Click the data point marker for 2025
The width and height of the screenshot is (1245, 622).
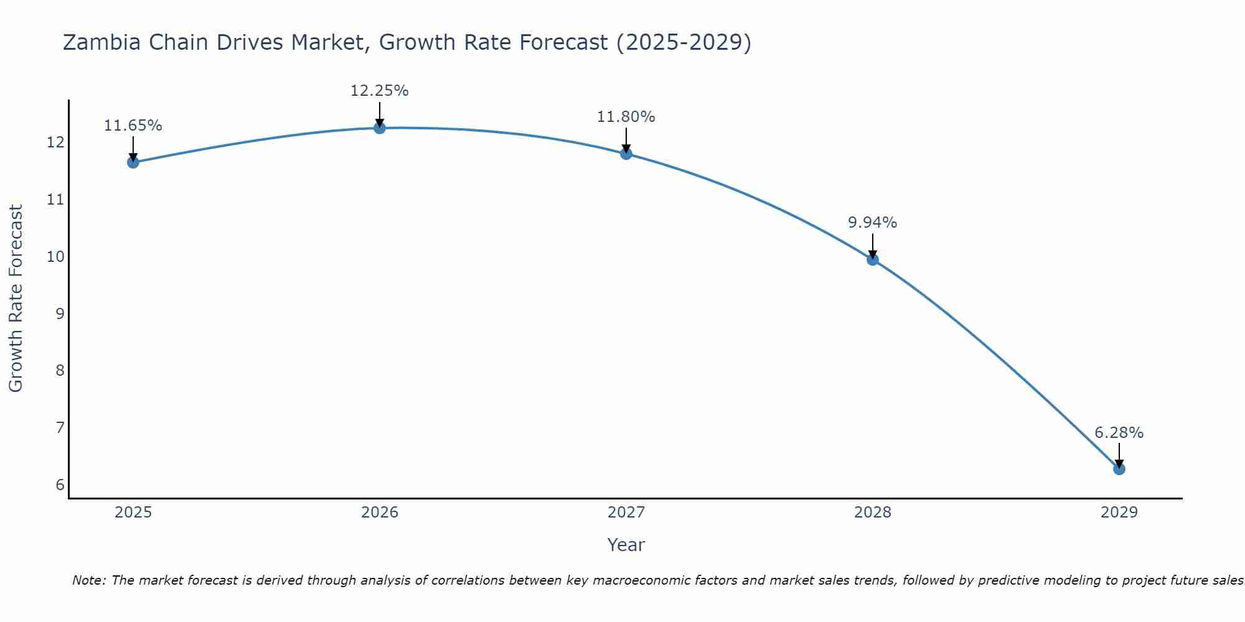[x=133, y=162]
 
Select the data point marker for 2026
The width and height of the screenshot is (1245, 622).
[x=380, y=128]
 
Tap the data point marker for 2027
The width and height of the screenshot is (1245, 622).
[x=626, y=154]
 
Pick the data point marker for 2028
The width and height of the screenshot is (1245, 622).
[x=873, y=259]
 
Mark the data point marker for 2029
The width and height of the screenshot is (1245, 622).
[x=1119, y=468]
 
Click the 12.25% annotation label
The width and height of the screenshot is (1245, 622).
[x=379, y=91]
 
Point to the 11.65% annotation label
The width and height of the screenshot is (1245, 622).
[x=133, y=126]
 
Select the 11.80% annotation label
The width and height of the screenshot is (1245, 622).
[x=626, y=117]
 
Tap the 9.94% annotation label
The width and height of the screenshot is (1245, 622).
[x=872, y=223]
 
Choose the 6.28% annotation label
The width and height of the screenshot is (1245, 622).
[x=1119, y=433]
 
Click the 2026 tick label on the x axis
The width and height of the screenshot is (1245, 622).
[x=380, y=513]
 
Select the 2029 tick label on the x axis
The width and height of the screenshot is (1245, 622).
[x=1119, y=513]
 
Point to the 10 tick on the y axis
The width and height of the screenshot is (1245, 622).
[x=55, y=256]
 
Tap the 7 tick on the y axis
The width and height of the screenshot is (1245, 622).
[x=60, y=428]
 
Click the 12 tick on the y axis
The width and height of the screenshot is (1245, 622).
[x=55, y=142]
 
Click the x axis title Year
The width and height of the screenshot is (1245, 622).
[x=626, y=545]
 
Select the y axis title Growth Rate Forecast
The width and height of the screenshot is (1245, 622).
[x=16, y=299]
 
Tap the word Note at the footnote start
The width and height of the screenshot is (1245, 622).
[x=89, y=580]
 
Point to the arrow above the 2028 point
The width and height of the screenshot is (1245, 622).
[x=873, y=245]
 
